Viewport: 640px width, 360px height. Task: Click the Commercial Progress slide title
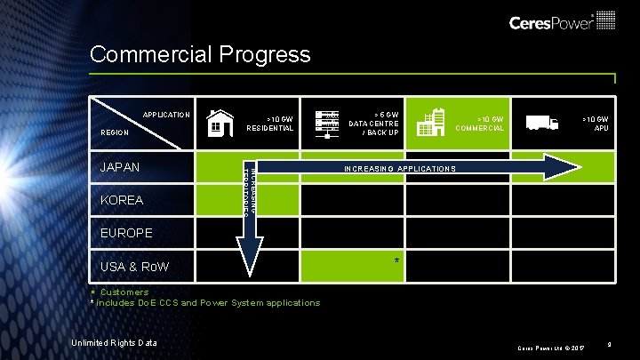[200, 55]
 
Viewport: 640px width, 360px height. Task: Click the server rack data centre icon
[330, 123]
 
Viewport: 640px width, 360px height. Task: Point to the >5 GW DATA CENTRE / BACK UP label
[373, 123]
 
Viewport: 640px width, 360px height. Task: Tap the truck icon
[541, 123]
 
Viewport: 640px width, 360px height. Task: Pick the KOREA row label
[121, 200]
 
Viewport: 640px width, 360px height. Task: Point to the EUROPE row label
[125, 233]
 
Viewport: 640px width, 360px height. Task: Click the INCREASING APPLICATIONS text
[399, 168]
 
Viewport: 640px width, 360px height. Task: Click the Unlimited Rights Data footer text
[115, 343]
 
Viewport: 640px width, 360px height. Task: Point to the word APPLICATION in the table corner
[166, 115]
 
